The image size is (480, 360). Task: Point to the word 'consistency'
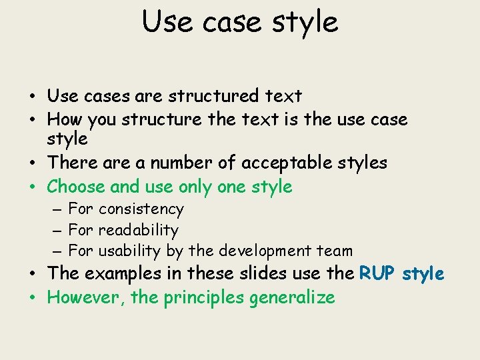pos(141,209)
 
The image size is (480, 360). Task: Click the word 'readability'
pos(138,231)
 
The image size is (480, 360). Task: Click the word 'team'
pos(335,251)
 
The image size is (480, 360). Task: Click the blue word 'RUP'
pos(379,273)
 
